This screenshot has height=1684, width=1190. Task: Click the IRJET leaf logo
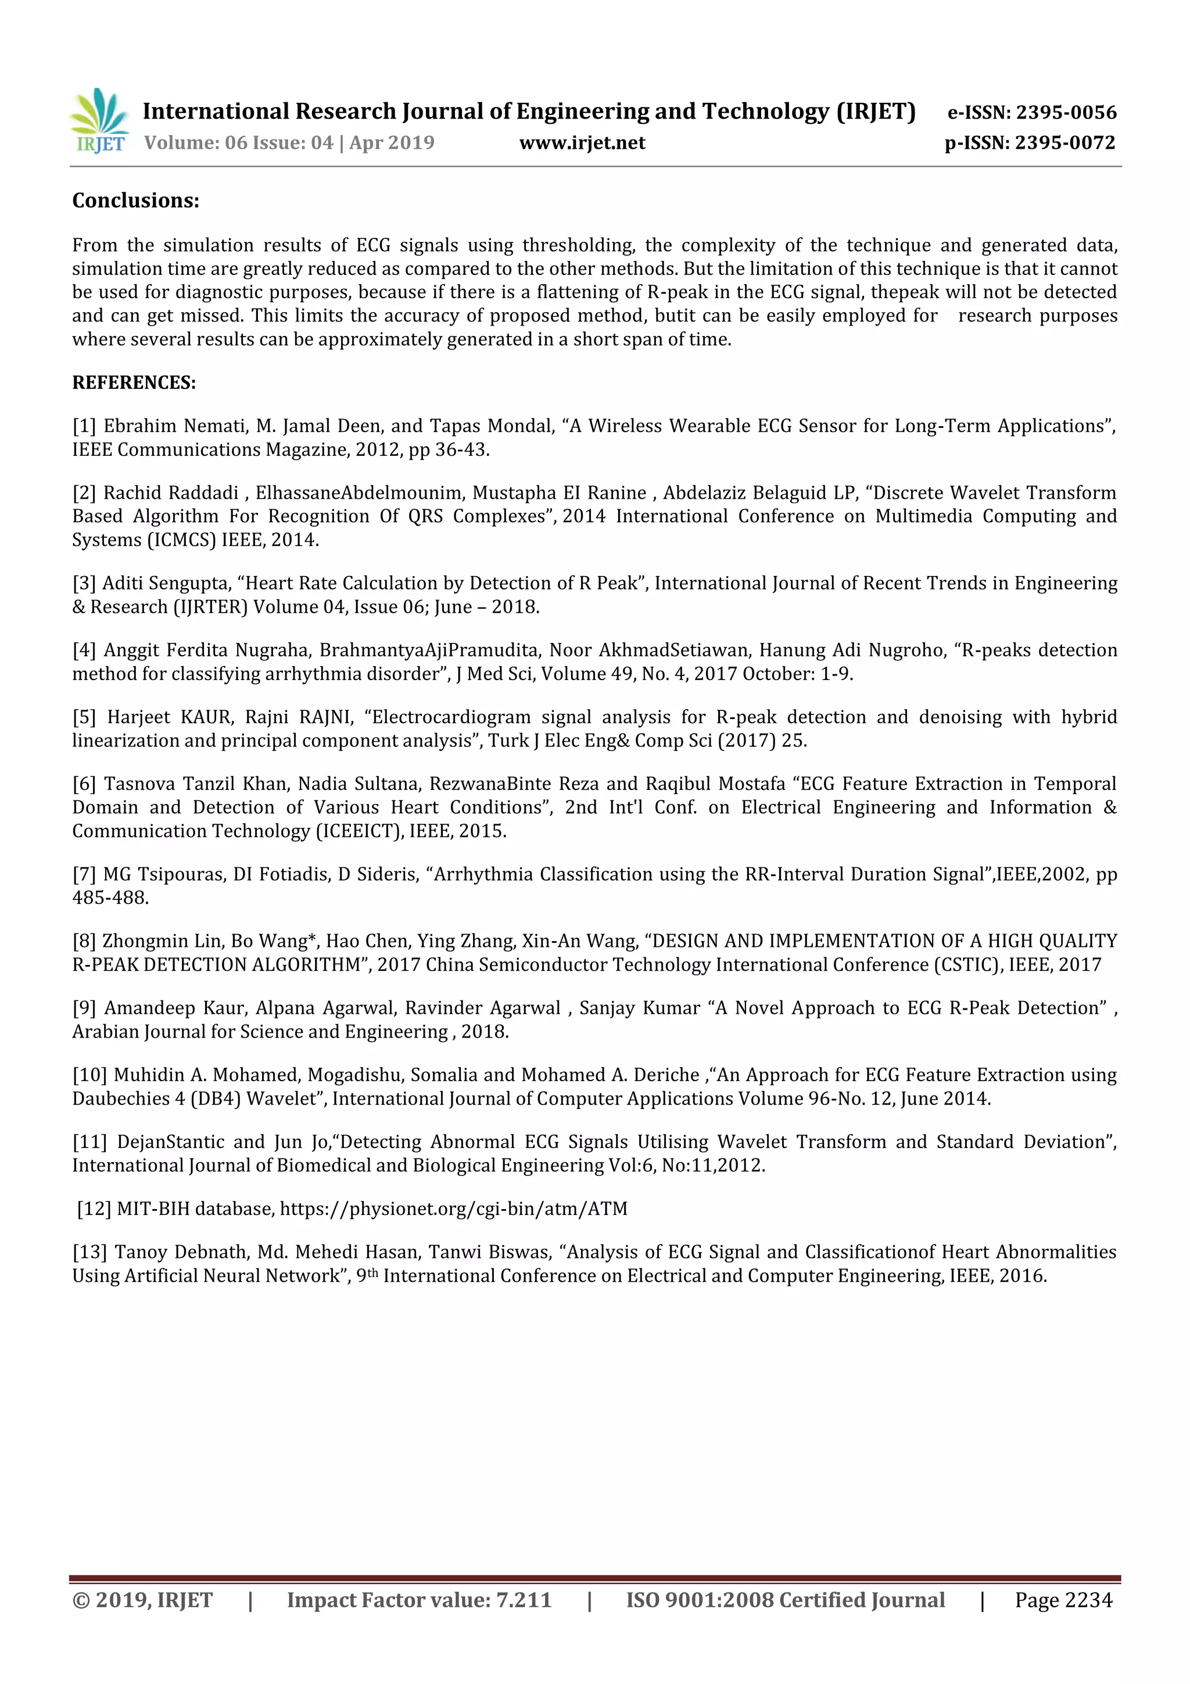click(x=100, y=120)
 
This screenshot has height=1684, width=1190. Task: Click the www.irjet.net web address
click(x=582, y=143)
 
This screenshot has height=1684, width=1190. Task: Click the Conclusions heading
click(x=135, y=201)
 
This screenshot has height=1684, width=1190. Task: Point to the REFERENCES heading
click(x=134, y=383)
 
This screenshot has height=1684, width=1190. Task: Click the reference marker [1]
click(x=84, y=426)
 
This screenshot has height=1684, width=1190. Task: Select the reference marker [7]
click(x=84, y=874)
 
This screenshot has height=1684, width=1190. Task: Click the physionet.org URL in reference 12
click(x=453, y=1209)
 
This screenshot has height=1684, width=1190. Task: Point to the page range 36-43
click(x=461, y=449)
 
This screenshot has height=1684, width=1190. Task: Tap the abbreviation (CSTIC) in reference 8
click(x=967, y=964)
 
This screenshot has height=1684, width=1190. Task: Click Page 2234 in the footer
click(x=1063, y=1600)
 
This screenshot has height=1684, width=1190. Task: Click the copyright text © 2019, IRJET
click(x=142, y=1600)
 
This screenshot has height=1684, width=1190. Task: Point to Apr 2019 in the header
click(x=392, y=143)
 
